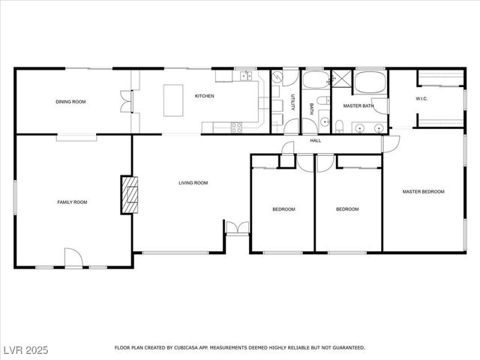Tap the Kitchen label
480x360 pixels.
click(x=205, y=96)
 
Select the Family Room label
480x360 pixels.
click(x=73, y=202)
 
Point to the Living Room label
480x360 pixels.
click(x=193, y=183)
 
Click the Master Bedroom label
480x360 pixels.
click(x=423, y=192)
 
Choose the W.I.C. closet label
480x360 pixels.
click(x=421, y=99)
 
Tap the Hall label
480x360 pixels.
click(x=316, y=140)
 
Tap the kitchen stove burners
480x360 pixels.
click(x=236, y=126)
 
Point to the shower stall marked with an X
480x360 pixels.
click(x=342, y=79)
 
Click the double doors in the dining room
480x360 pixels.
click(x=124, y=101)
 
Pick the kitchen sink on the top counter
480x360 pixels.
click(x=244, y=76)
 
